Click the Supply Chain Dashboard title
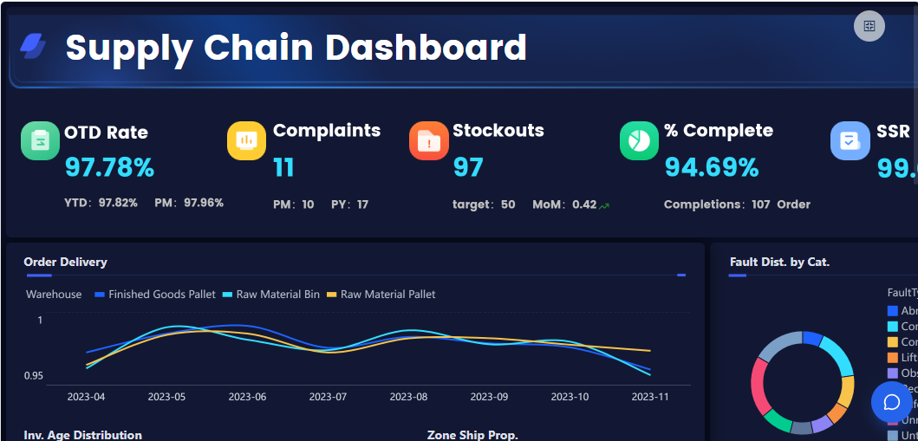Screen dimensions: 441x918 [296, 48]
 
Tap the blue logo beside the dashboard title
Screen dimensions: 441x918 [34, 46]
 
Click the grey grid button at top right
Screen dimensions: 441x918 [869, 26]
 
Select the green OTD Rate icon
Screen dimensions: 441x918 [40, 140]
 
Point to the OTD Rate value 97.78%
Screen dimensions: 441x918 [109, 166]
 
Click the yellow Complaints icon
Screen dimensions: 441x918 [246, 140]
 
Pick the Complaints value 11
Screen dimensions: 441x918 [283, 166]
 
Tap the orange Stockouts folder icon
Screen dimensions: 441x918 [428, 140]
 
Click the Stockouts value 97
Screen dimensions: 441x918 [468, 166]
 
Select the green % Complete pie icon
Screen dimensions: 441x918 [640, 140]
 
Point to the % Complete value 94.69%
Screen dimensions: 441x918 [712, 166]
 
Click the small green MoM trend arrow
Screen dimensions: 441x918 [604, 205]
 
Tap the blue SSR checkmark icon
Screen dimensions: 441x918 [850, 140]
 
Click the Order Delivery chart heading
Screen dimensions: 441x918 [66, 262]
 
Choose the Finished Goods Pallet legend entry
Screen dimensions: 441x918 [155, 295]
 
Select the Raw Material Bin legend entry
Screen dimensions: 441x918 [271, 295]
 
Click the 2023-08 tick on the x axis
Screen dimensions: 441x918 [408, 397]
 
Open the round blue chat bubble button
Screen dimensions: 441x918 [891, 402]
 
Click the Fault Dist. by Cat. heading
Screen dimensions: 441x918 [779, 262]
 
